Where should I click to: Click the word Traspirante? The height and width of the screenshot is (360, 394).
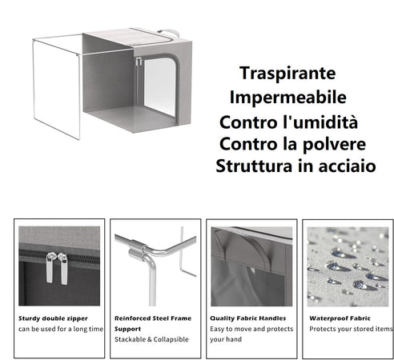click(x=286, y=73)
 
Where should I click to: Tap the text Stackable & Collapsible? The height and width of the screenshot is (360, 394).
click(x=151, y=339)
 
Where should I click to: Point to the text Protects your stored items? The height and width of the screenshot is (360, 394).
click(x=350, y=328)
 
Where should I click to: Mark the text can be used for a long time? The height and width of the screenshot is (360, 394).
click(x=61, y=328)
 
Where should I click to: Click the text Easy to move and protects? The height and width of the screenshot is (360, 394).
click(x=251, y=328)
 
